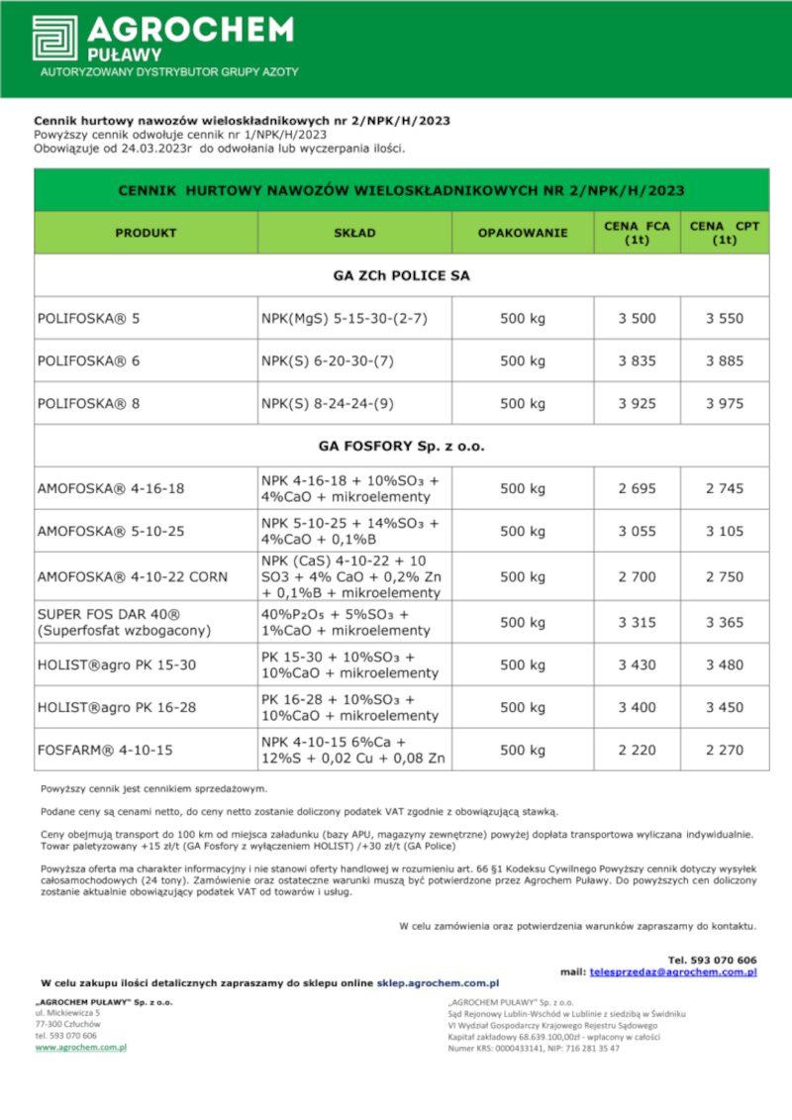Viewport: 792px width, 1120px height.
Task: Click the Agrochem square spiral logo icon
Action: (54, 37)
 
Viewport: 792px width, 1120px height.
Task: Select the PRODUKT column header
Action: (146, 233)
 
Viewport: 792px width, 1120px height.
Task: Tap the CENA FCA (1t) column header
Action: (637, 233)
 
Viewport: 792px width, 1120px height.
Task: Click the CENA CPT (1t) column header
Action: (725, 233)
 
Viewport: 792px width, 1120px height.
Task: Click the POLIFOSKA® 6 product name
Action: (89, 361)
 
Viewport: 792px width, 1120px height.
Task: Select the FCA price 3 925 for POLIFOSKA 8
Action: (637, 404)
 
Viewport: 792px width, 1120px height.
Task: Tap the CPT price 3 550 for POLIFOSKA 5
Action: (725, 319)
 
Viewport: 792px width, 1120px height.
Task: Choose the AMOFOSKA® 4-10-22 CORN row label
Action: (132, 577)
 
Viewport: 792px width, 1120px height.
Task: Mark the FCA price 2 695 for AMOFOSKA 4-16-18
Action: (637, 489)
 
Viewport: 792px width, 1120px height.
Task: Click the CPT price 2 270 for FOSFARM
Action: (725, 751)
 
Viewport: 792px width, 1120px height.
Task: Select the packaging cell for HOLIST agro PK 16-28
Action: (523, 708)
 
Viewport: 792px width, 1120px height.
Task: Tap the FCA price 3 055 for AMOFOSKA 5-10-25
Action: (637, 532)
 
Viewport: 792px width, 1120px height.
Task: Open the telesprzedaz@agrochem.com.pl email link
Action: (673, 972)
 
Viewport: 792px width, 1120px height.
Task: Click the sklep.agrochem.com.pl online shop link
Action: (438, 983)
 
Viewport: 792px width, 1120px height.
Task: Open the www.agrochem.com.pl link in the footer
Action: (81, 1047)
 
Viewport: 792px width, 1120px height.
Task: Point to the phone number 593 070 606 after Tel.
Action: (724, 960)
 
